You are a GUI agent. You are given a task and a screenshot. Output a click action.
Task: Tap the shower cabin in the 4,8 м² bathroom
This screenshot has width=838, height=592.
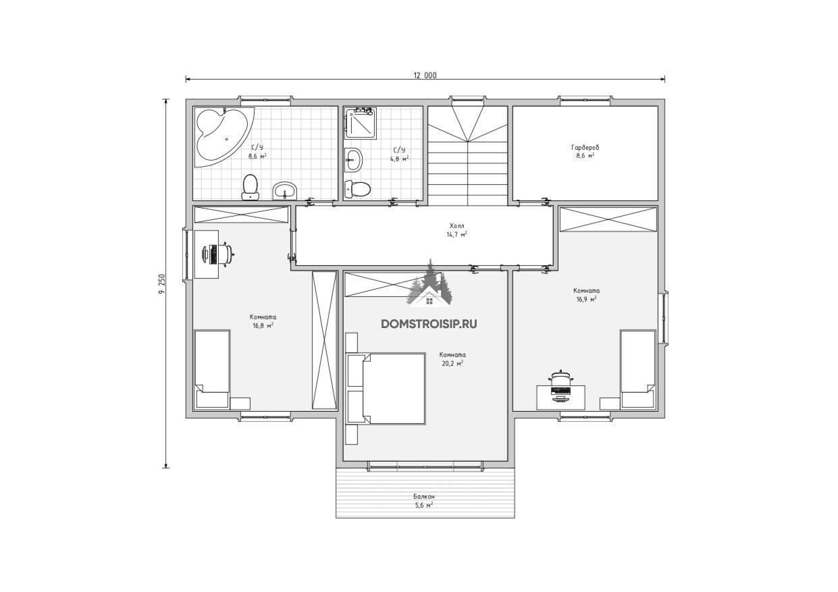click(x=361, y=123)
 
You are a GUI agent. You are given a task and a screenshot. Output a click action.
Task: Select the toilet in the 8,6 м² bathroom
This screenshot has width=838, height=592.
click(x=250, y=187)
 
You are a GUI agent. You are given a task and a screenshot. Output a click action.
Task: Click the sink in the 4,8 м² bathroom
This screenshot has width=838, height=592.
click(x=353, y=160)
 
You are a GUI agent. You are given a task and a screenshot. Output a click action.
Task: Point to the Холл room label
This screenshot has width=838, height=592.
click(x=456, y=226)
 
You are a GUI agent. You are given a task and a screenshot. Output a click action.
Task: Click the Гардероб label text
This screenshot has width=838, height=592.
click(x=585, y=147)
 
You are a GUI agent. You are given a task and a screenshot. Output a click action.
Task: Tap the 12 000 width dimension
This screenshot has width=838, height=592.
click(x=425, y=75)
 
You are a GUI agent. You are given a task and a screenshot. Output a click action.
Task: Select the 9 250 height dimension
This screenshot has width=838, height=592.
click(x=162, y=284)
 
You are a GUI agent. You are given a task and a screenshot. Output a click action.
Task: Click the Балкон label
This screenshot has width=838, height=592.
click(x=424, y=496)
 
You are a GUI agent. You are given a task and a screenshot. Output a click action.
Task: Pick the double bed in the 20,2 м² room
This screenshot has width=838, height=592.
click(x=386, y=388)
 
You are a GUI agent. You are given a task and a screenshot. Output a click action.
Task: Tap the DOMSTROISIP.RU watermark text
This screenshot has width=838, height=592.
click(x=429, y=324)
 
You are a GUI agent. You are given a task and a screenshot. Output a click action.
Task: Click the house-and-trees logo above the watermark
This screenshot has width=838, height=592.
click(x=431, y=285)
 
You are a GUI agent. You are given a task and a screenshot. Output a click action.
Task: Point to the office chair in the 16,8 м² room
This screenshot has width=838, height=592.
click(x=226, y=254)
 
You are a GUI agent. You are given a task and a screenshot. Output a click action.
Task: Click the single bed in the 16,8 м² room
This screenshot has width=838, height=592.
click(x=212, y=369)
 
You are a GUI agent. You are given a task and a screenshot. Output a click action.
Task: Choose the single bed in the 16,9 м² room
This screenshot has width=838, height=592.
click(x=638, y=369)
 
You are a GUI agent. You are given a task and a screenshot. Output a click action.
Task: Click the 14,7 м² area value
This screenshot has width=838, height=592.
click(x=456, y=235)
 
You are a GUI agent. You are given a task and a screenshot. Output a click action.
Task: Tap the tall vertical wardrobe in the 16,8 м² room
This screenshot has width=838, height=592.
click(x=325, y=340)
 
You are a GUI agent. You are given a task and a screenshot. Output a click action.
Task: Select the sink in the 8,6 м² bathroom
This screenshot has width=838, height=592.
click(x=285, y=191)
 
